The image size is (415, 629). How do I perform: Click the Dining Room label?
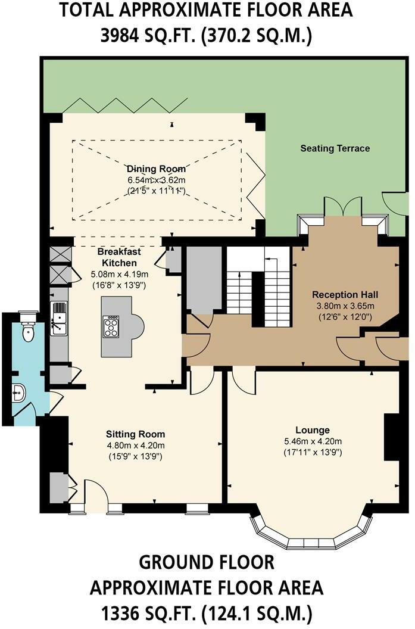(157, 169)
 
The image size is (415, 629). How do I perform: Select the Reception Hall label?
(345, 294)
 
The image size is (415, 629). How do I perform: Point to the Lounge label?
(313, 429)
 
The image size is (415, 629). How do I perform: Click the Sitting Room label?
(135, 434)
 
